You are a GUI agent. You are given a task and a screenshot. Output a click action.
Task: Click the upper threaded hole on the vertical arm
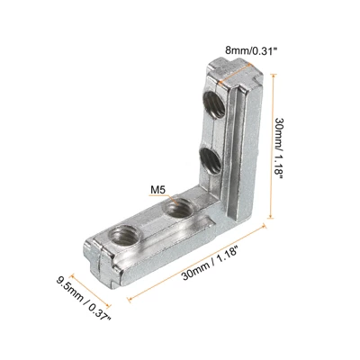click(214, 104)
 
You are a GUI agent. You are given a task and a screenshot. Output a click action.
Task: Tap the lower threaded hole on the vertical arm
click(211, 159)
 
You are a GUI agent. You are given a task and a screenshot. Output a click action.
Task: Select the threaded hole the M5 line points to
click(180, 208)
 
